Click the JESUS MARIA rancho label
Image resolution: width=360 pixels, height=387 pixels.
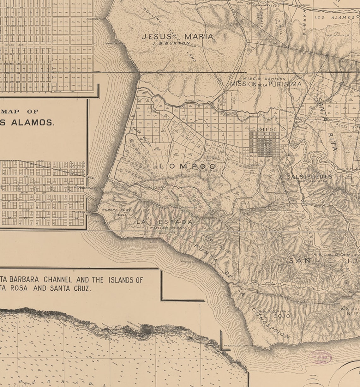(177, 36)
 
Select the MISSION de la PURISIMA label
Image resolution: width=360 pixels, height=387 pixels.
(266, 84)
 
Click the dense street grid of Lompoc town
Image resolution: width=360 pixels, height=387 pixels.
(265, 144)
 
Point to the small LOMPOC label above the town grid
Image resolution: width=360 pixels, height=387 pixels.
(264, 129)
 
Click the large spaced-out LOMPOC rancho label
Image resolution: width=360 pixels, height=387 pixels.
(188, 166)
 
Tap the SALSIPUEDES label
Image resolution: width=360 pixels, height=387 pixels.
(309, 177)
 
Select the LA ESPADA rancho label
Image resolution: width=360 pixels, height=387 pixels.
(164, 222)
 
